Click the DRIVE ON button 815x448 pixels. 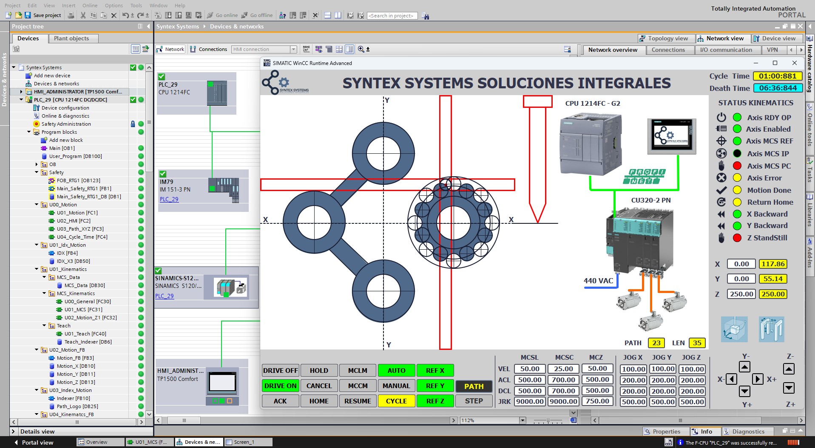280,386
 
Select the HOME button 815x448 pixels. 319,401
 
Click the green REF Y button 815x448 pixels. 435,386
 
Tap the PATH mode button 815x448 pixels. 474,386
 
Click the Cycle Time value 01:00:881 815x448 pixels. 777,76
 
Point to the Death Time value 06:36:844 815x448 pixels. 778,88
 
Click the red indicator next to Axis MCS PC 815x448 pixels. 737,166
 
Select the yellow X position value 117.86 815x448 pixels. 773,264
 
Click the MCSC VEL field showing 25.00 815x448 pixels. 563,369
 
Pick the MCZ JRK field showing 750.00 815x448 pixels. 597,401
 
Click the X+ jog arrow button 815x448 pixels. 757,379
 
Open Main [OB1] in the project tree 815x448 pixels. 62,148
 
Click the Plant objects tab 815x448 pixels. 71,38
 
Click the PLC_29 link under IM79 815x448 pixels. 169,199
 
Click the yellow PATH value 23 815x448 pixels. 656,343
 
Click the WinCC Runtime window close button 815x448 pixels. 794,63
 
